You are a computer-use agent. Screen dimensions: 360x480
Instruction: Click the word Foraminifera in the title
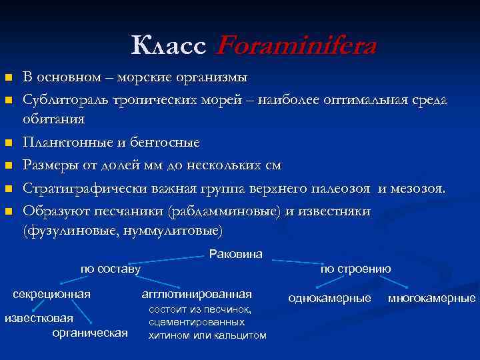pyautogui.click(x=297, y=46)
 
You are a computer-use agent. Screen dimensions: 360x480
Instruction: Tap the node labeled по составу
pyautogui.click(x=111, y=269)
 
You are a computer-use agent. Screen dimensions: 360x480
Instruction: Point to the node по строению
pyautogui.click(x=355, y=269)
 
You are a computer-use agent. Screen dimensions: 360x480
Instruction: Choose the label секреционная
pyautogui.click(x=52, y=294)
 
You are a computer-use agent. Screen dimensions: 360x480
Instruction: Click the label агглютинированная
pyautogui.click(x=197, y=294)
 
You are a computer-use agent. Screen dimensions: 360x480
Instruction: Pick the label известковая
pyautogui.click(x=39, y=317)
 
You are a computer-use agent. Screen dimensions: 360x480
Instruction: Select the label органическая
pyautogui.click(x=90, y=332)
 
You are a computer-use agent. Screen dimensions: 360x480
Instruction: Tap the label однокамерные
pyautogui.click(x=329, y=298)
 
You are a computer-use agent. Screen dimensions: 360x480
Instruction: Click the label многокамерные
pyautogui.click(x=432, y=298)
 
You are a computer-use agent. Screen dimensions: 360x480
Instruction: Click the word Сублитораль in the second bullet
pyautogui.click(x=63, y=100)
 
